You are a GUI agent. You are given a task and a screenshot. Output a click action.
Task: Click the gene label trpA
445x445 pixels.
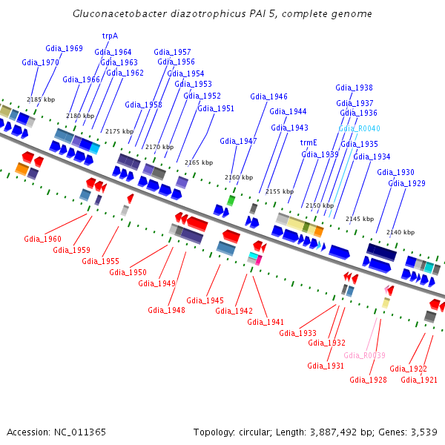110,36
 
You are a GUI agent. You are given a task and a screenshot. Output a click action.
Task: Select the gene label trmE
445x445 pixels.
309,142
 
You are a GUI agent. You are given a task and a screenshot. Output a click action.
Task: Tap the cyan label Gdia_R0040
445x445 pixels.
359,128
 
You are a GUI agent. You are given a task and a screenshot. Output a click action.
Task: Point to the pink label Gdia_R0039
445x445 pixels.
364,355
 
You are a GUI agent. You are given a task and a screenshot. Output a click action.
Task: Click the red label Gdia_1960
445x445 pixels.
42,239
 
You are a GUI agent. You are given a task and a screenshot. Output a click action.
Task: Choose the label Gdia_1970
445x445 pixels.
40,63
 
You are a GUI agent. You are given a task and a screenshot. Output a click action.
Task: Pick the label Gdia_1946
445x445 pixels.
268,96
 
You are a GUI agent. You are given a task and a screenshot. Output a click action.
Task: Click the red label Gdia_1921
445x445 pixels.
419,380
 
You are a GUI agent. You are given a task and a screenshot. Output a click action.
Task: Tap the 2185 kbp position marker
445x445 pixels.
41,99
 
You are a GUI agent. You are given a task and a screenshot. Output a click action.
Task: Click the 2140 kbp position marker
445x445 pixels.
400,232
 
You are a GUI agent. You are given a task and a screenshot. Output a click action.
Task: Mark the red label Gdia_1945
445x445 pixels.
205,300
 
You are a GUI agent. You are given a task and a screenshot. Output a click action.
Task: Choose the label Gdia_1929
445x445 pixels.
406,183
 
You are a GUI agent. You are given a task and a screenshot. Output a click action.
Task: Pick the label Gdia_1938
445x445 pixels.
354,88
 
